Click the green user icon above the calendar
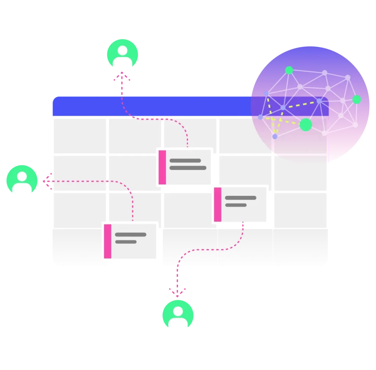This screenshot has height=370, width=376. tap(122, 54)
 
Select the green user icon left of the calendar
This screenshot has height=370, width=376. tap(22, 180)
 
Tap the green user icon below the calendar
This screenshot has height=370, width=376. tap(178, 315)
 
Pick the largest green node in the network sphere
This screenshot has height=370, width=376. tap(305, 125)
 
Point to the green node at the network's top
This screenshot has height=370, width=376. tap(289, 70)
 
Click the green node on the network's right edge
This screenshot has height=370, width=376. tap(357, 99)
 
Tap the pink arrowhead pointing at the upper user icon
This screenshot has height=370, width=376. tap(122, 77)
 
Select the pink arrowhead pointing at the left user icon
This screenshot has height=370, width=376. tap(46, 181)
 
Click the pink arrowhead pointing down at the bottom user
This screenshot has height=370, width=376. tap(178, 293)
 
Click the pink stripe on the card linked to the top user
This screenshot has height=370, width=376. tap(162, 167)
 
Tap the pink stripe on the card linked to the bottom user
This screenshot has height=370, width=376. tap(217, 205)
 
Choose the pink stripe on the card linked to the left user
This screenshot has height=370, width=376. tap(108, 241)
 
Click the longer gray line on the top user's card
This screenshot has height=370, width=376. tap(188, 168)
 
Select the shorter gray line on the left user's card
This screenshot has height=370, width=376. tap(126, 242)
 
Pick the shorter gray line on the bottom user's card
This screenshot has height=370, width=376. tap(235, 205)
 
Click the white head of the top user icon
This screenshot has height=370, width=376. tap(122, 50)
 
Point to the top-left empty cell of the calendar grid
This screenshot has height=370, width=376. tap(80, 135)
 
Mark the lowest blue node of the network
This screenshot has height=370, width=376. tap(275, 136)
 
